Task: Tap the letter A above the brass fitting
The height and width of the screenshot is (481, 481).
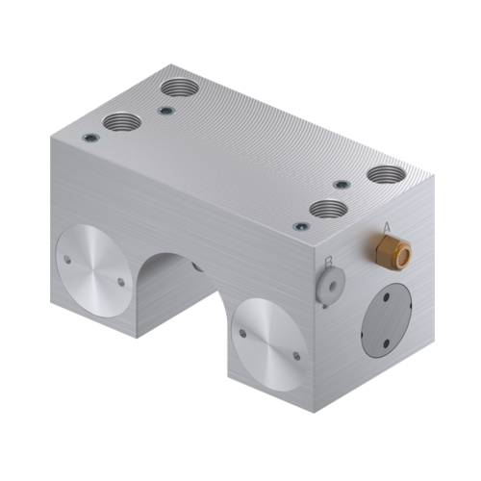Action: point(387,227)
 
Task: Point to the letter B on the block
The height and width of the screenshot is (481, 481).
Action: point(329,261)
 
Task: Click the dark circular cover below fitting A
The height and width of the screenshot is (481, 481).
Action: point(388,322)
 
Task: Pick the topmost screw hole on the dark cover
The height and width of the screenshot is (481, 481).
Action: point(388,297)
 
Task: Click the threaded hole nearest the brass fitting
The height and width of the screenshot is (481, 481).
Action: point(386,176)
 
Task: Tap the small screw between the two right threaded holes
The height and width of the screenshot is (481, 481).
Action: point(340,185)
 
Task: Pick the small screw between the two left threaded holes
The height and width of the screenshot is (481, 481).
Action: point(165,111)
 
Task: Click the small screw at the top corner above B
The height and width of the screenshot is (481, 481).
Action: point(301,226)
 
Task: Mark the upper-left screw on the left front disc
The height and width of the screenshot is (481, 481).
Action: point(67,258)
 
